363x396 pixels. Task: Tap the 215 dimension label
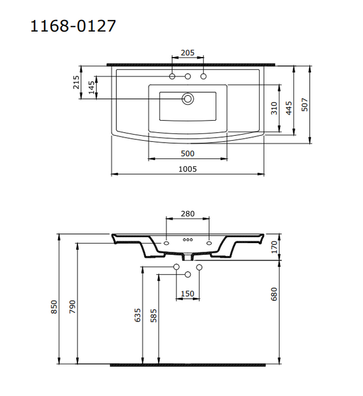point(76,83)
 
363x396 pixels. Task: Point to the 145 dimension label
point(91,88)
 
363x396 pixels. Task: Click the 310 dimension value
point(274,108)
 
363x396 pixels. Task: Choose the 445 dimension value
point(289,107)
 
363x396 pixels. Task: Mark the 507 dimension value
point(305,104)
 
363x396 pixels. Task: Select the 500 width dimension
point(188,153)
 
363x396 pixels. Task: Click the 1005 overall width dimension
point(188,169)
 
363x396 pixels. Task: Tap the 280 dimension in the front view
point(188,213)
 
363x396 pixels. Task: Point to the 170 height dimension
point(273,247)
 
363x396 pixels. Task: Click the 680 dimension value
point(273,294)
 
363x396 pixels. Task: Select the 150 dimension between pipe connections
point(188,294)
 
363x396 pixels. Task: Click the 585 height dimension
point(154,315)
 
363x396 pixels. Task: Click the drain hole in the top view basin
point(188,98)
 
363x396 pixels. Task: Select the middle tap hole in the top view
point(188,76)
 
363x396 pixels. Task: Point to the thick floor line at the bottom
point(188,365)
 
